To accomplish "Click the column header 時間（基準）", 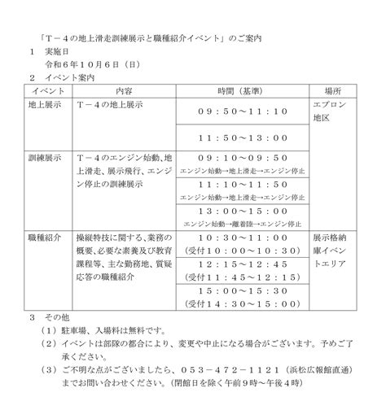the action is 243,90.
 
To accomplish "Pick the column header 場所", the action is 332,90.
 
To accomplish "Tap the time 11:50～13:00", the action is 243,138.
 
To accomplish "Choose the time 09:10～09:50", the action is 243,157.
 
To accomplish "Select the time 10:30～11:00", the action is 243,238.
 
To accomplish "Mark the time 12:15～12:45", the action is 243,264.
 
